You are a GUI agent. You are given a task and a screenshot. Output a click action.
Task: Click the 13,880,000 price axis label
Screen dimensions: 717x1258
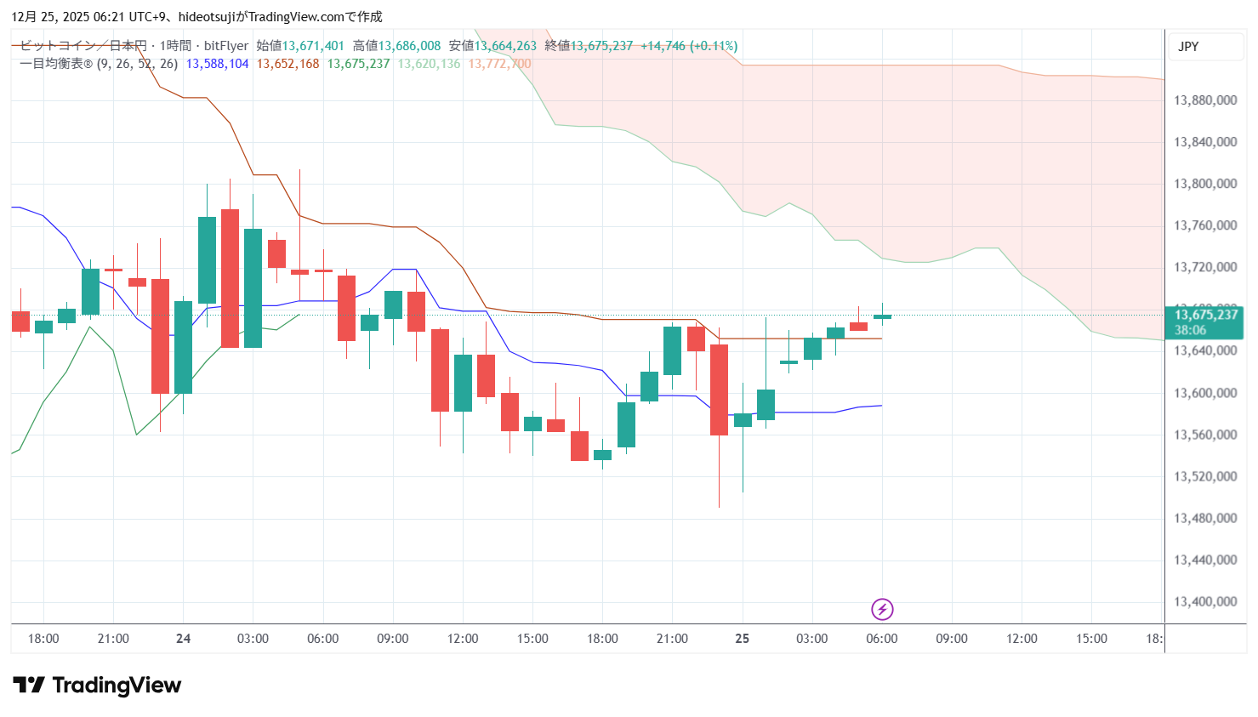click(1204, 100)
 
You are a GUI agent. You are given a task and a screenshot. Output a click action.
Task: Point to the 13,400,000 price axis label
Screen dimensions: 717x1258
click(1204, 601)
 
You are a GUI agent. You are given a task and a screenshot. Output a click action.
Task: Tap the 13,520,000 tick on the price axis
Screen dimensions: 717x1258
click(1204, 476)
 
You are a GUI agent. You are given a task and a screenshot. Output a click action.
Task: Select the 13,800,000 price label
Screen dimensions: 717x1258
click(1204, 184)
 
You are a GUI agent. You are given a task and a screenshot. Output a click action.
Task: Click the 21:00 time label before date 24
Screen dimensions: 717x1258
click(113, 639)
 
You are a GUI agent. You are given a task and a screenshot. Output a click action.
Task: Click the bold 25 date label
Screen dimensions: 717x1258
click(742, 639)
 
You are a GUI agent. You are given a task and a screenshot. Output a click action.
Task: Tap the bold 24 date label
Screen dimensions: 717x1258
click(183, 639)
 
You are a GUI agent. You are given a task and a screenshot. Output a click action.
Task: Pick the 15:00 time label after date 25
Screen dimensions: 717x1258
click(1091, 639)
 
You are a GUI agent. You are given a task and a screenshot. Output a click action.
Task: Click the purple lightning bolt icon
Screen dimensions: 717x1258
click(882, 609)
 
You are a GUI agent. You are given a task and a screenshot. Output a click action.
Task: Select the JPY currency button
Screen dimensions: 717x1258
click(1188, 47)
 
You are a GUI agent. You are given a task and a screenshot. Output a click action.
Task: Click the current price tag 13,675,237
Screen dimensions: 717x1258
click(1205, 315)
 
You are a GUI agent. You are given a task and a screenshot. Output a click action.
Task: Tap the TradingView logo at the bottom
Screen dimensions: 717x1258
click(97, 685)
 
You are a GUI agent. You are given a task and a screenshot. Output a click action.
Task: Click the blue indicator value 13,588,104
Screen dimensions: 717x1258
click(217, 64)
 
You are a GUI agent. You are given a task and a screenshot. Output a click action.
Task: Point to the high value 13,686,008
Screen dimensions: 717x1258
click(409, 46)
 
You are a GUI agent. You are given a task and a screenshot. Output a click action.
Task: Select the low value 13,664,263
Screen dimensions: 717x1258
click(505, 46)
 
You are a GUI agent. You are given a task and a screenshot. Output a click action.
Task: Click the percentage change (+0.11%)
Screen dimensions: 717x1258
click(714, 46)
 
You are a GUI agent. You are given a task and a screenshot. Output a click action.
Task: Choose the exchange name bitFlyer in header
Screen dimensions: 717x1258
click(226, 46)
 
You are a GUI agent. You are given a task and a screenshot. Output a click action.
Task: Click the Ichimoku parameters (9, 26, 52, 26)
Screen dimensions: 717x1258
click(137, 64)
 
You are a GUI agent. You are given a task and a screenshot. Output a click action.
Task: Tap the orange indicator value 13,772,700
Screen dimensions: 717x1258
click(499, 64)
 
